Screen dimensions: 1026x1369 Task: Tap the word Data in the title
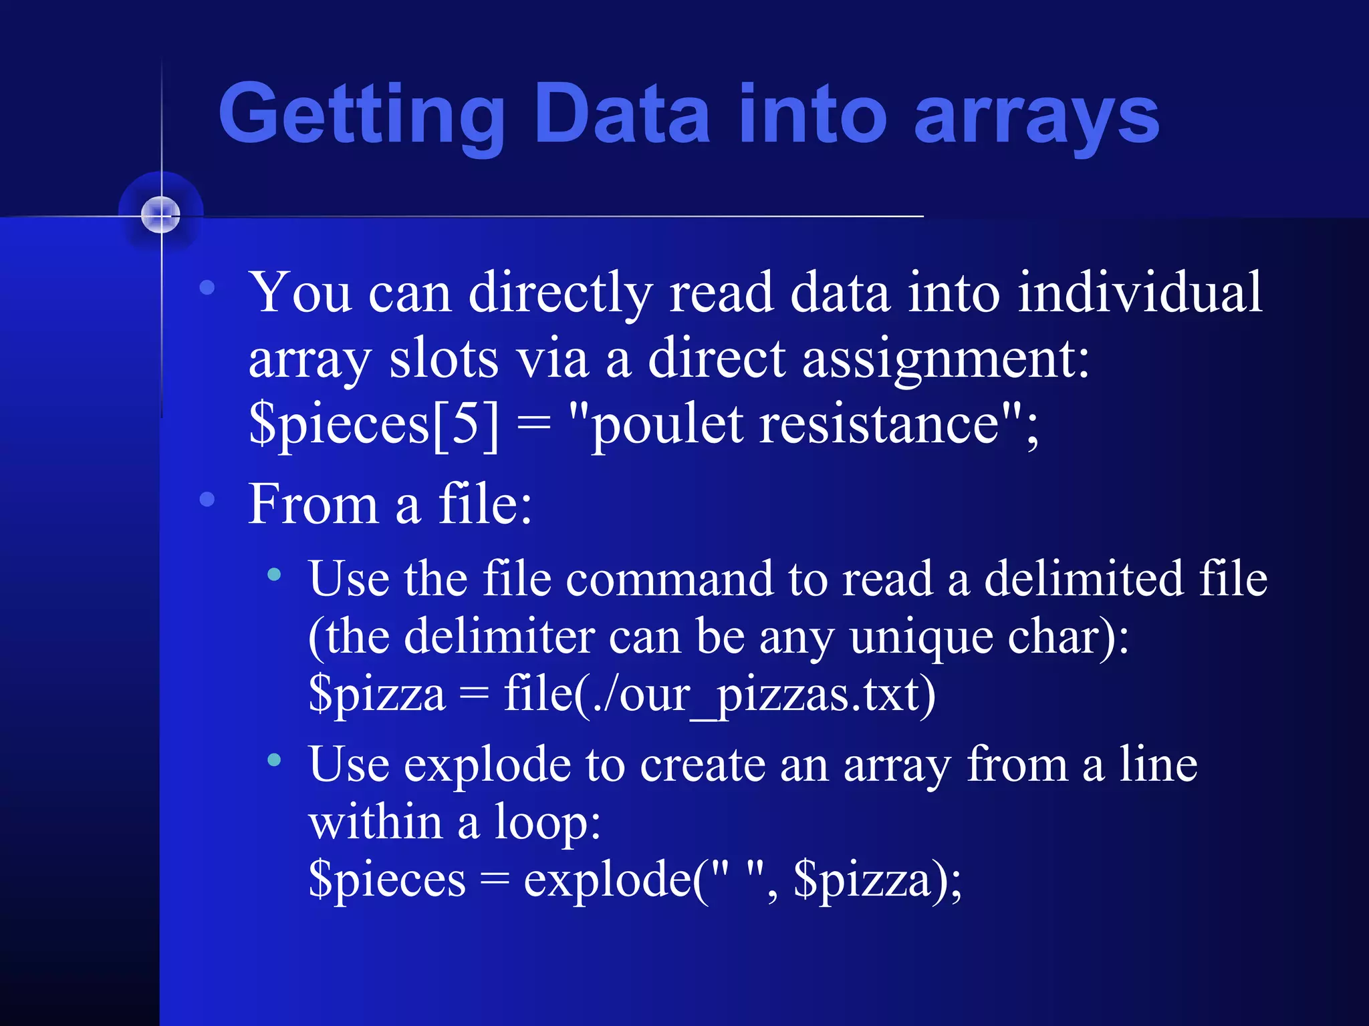[622, 114]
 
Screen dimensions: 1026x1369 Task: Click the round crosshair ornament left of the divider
[161, 215]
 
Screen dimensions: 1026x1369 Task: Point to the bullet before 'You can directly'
[207, 288]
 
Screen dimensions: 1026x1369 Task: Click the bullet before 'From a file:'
[207, 499]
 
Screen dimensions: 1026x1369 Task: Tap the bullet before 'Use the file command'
[274, 574]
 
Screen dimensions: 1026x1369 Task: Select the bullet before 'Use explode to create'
[274, 759]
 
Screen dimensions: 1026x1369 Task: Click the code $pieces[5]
[374, 425]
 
